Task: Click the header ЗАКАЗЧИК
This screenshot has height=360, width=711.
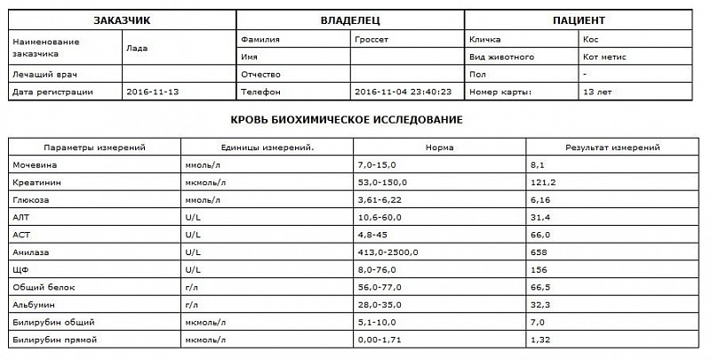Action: (123, 19)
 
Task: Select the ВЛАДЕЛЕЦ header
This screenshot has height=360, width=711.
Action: (350, 19)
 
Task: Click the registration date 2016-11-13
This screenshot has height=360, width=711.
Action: (153, 92)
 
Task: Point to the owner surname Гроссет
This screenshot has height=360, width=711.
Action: (372, 40)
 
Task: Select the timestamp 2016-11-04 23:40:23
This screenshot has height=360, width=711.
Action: (403, 92)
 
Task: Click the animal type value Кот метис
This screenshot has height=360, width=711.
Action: (603, 57)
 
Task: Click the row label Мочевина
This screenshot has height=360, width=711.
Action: (33, 165)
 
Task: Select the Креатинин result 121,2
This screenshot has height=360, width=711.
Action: (541, 183)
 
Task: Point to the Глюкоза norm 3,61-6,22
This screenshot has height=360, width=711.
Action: (374, 200)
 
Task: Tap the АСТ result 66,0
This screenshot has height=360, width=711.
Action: (539, 235)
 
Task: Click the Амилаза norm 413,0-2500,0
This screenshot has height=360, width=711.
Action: (380, 252)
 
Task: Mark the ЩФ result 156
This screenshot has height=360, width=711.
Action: (537, 270)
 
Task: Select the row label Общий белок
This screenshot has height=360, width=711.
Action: (41, 287)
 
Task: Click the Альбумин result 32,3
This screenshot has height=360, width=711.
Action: (539, 305)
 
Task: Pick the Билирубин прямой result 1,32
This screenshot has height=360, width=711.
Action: (539, 340)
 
